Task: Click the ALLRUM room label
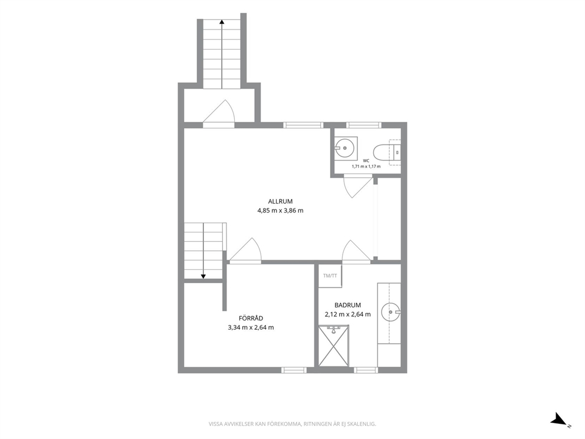coord(280,202)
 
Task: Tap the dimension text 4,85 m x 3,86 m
coord(280,211)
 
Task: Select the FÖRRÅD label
coord(251,319)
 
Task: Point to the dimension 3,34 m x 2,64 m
coord(251,327)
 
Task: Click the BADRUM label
coord(348,305)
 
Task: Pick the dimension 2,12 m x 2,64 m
coord(348,314)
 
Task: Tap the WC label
coord(366,161)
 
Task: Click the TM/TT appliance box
coord(330,276)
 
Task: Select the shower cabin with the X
coord(334,346)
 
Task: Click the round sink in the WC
coord(345,148)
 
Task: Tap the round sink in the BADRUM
coord(391,312)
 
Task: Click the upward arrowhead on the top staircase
coord(222,22)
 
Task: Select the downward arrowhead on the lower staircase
coord(203,276)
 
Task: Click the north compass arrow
coord(559,419)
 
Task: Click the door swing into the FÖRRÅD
coord(245,250)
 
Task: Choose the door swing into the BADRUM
coord(356,251)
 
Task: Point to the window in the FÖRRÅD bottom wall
coord(294,370)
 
